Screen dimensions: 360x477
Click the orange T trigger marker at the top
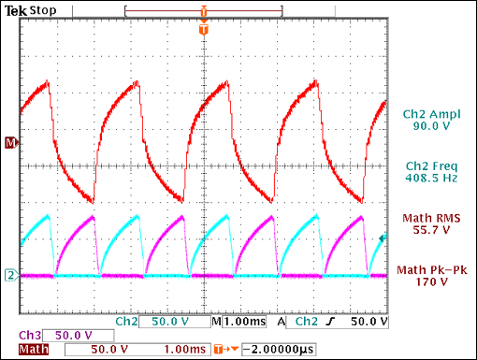[x=202, y=30]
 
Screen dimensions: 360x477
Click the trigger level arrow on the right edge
[x=382, y=240]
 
